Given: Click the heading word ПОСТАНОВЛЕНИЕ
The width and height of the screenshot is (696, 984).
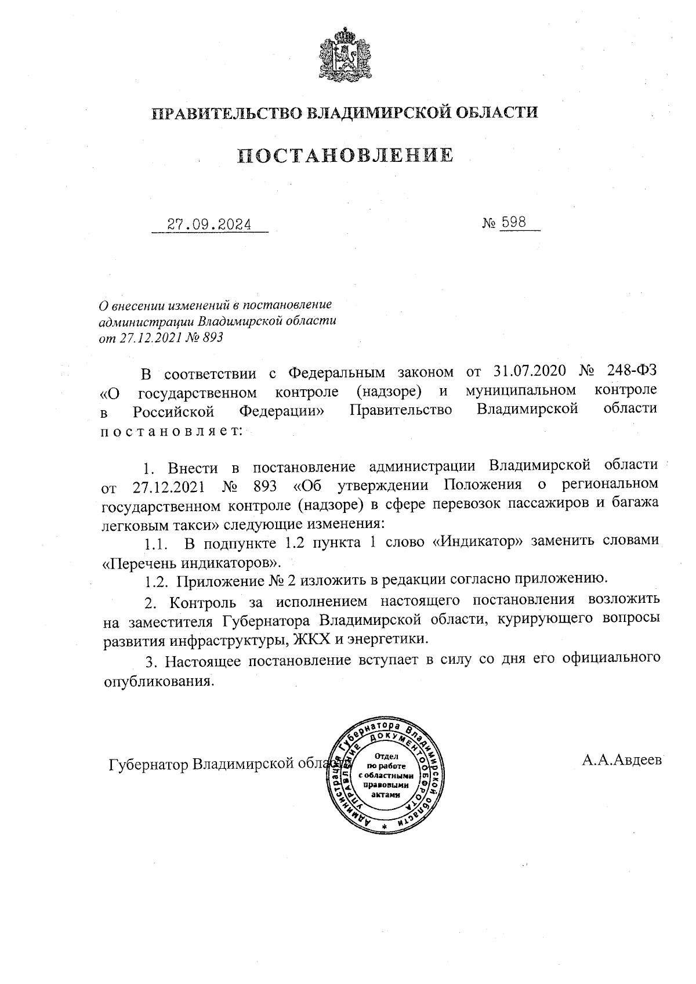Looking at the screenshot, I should click(x=346, y=155).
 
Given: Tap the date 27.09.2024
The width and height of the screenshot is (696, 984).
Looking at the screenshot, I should click(x=209, y=224).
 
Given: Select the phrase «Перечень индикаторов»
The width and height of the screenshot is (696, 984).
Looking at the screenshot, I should click(x=191, y=562).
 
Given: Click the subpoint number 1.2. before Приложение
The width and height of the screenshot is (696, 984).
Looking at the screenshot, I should click(x=157, y=579).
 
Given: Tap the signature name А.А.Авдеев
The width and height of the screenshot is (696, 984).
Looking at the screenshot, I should click(x=622, y=759).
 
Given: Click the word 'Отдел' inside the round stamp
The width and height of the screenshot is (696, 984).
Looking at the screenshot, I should click(x=386, y=756).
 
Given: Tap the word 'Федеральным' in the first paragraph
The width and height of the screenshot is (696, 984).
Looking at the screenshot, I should click(x=336, y=371).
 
